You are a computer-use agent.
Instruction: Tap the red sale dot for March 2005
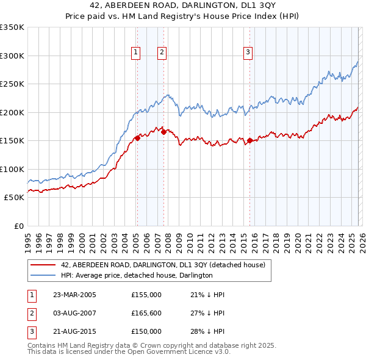(137, 138)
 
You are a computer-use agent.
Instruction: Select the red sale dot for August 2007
(163, 132)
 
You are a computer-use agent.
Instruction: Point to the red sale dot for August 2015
(250, 141)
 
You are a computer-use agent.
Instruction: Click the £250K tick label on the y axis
(12, 84)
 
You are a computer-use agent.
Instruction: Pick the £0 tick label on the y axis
(18, 226)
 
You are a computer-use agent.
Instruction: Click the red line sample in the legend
(43, 265)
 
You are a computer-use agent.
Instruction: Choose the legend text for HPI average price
(137, 275)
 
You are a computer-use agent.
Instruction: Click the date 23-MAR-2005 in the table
(74, 295)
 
